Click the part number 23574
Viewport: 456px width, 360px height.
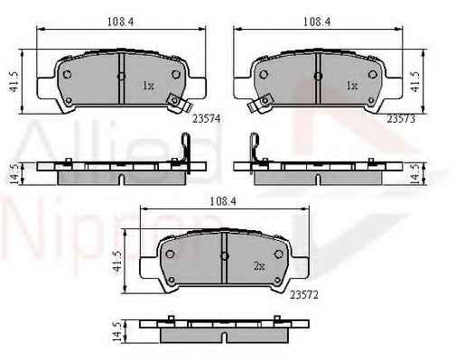[x=207, y=119]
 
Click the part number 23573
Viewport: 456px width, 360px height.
[x=401, y=119]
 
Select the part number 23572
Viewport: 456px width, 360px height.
[x=304, y=295]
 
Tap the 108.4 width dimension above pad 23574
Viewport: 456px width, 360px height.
[x=120, y=22]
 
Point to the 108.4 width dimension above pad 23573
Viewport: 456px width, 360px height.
[x=317, y=22]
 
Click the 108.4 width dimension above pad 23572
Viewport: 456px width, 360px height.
[x=223, y=201]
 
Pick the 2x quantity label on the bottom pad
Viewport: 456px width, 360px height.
[x=259, y=266]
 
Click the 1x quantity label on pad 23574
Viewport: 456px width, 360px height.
[x=148, y=86]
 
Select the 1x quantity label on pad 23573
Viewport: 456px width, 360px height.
[x=352, y=86]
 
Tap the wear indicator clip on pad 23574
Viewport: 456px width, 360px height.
[x=180, y=103]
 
